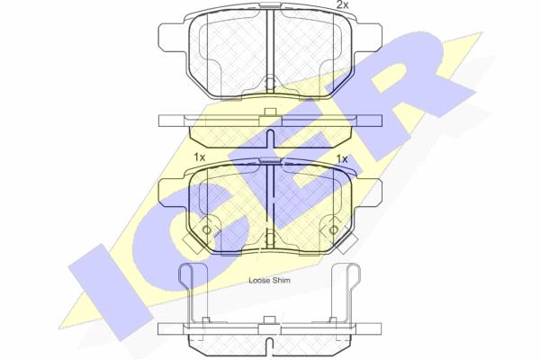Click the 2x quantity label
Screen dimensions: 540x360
342,4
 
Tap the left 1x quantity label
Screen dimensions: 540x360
200,157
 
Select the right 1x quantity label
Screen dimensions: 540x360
342,158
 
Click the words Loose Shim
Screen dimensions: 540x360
269,281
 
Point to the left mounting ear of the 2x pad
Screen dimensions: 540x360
173,37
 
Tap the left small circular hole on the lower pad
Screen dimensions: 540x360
207,229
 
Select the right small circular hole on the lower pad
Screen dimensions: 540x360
333,229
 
